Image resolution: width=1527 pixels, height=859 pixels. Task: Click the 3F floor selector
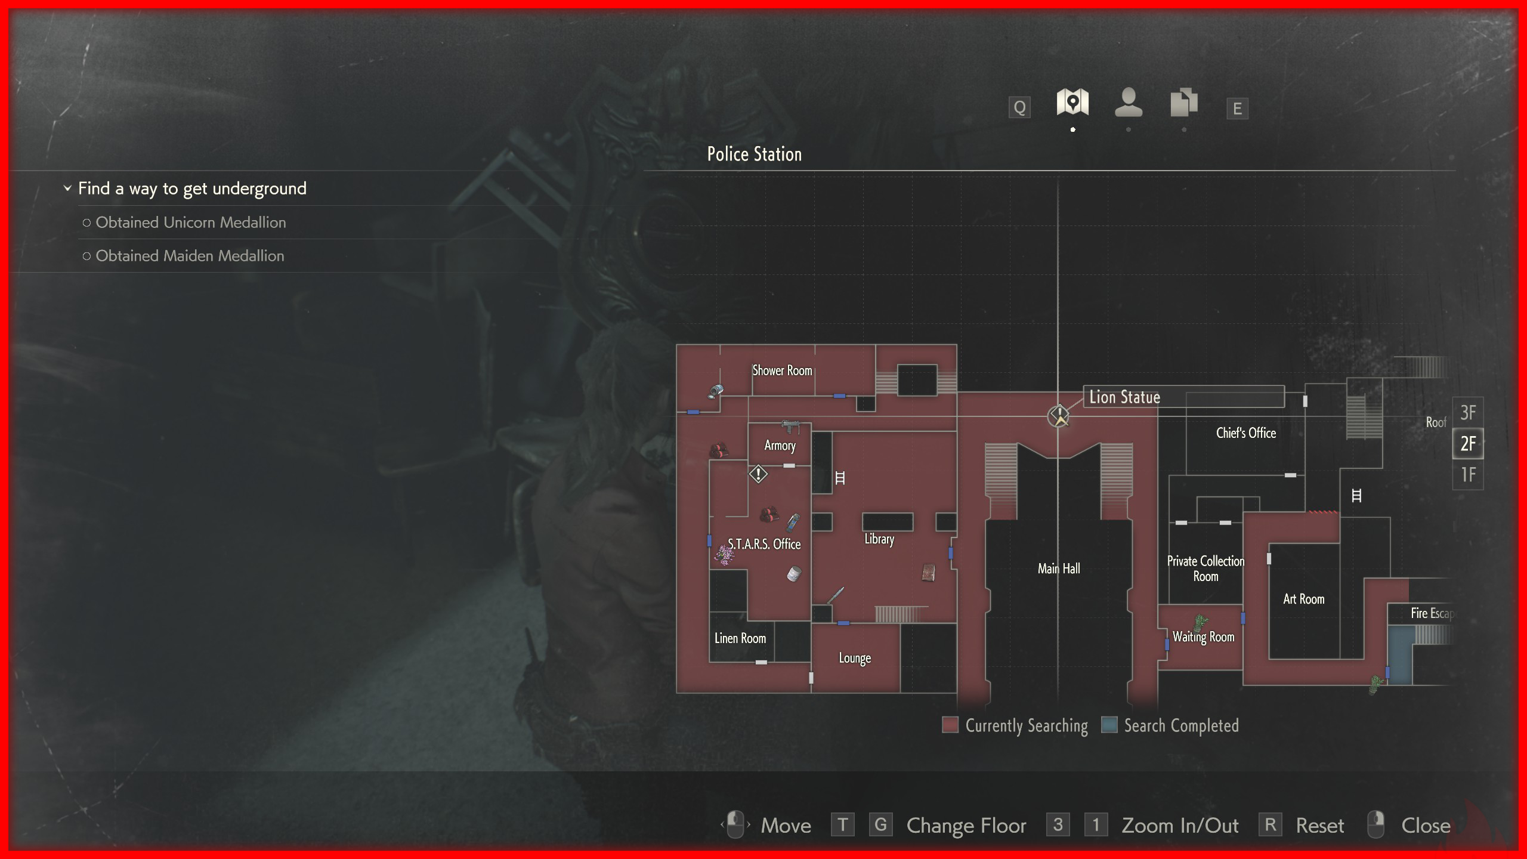coord(1468,412)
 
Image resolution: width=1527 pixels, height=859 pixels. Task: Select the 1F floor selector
coord(1468,475)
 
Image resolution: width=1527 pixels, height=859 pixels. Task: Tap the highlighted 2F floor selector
coord(1468,444)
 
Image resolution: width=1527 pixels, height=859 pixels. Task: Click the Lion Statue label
coord(1124,397)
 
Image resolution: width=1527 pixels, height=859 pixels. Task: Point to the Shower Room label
coord(782,370)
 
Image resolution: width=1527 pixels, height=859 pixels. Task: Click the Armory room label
coord(780,446)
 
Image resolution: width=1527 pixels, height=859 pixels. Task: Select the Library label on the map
coord(879,539)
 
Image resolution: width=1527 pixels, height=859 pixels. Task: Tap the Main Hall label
coord(1059,568)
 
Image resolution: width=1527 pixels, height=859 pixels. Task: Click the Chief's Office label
coord(1246,433)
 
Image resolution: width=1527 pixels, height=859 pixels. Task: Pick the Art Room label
coord(1303,599)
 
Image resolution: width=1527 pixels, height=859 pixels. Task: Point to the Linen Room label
coord(740,638)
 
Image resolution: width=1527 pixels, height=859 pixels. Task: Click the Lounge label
coord(855,658)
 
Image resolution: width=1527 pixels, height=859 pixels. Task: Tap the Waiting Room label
coord(1203,637)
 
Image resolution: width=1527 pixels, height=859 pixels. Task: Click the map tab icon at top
coord(1072,103)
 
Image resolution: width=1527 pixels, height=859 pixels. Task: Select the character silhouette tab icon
coord(1129,103)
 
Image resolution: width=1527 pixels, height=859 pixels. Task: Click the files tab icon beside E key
coord(1184,103)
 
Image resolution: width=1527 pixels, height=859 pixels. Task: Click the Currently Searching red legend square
coord(950,725)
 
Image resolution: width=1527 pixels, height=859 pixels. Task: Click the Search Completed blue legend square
coord(1109,725)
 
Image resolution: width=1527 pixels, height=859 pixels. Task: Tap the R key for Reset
coord(1270,825)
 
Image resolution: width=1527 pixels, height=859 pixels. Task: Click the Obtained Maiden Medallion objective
coord(190,256)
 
